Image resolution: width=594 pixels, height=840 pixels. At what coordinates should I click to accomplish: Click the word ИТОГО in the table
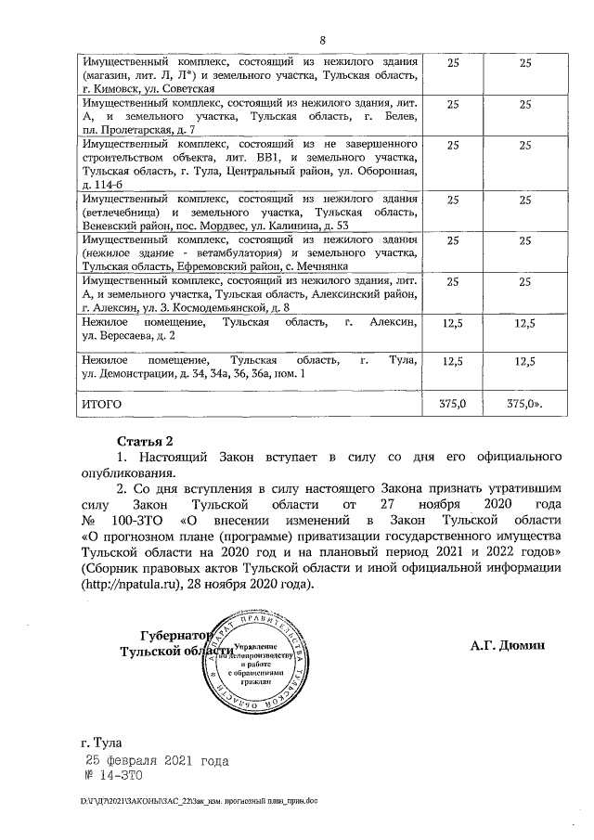tap(101, 404)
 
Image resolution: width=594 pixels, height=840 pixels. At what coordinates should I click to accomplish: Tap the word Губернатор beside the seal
tap(171, 637)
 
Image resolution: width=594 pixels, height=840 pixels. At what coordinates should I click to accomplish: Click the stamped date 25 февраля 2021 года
tap(157, 761)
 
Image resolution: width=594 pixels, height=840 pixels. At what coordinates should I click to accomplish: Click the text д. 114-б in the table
tap(107, 186)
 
